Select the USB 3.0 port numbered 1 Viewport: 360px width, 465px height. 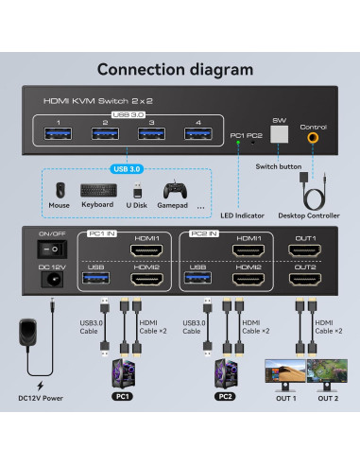pos(59,133)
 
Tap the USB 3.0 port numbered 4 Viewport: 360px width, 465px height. pos(197,133)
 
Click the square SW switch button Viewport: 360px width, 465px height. pos(279,135)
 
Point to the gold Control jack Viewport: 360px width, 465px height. pos(312,138)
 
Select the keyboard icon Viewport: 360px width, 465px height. pos(97,189)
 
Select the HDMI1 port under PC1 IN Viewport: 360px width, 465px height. pos(149,250)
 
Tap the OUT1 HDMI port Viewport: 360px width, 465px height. pos(305,250)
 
